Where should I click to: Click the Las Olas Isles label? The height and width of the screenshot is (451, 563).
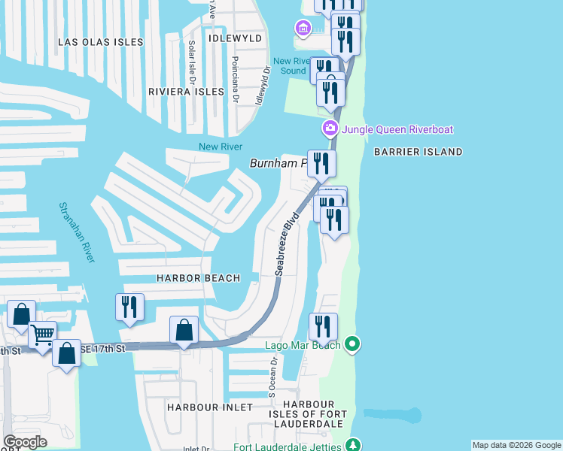pos(101,42)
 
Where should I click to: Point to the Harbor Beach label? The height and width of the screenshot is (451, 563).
pos(198,278)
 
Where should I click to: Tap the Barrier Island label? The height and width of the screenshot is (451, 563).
pos(418,152)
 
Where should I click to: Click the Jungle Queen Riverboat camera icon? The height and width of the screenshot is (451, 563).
pos(330,129)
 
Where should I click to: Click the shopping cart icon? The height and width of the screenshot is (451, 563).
pos(42,333)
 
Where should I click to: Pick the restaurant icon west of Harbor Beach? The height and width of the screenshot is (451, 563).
pos(129,307)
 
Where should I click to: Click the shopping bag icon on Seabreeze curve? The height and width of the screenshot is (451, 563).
pos(184,329)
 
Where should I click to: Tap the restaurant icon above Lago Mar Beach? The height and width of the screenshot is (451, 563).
pos(323,326)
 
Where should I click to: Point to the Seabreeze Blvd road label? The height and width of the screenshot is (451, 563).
pos(288,243)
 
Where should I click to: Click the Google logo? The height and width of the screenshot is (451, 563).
pos(25,442)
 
